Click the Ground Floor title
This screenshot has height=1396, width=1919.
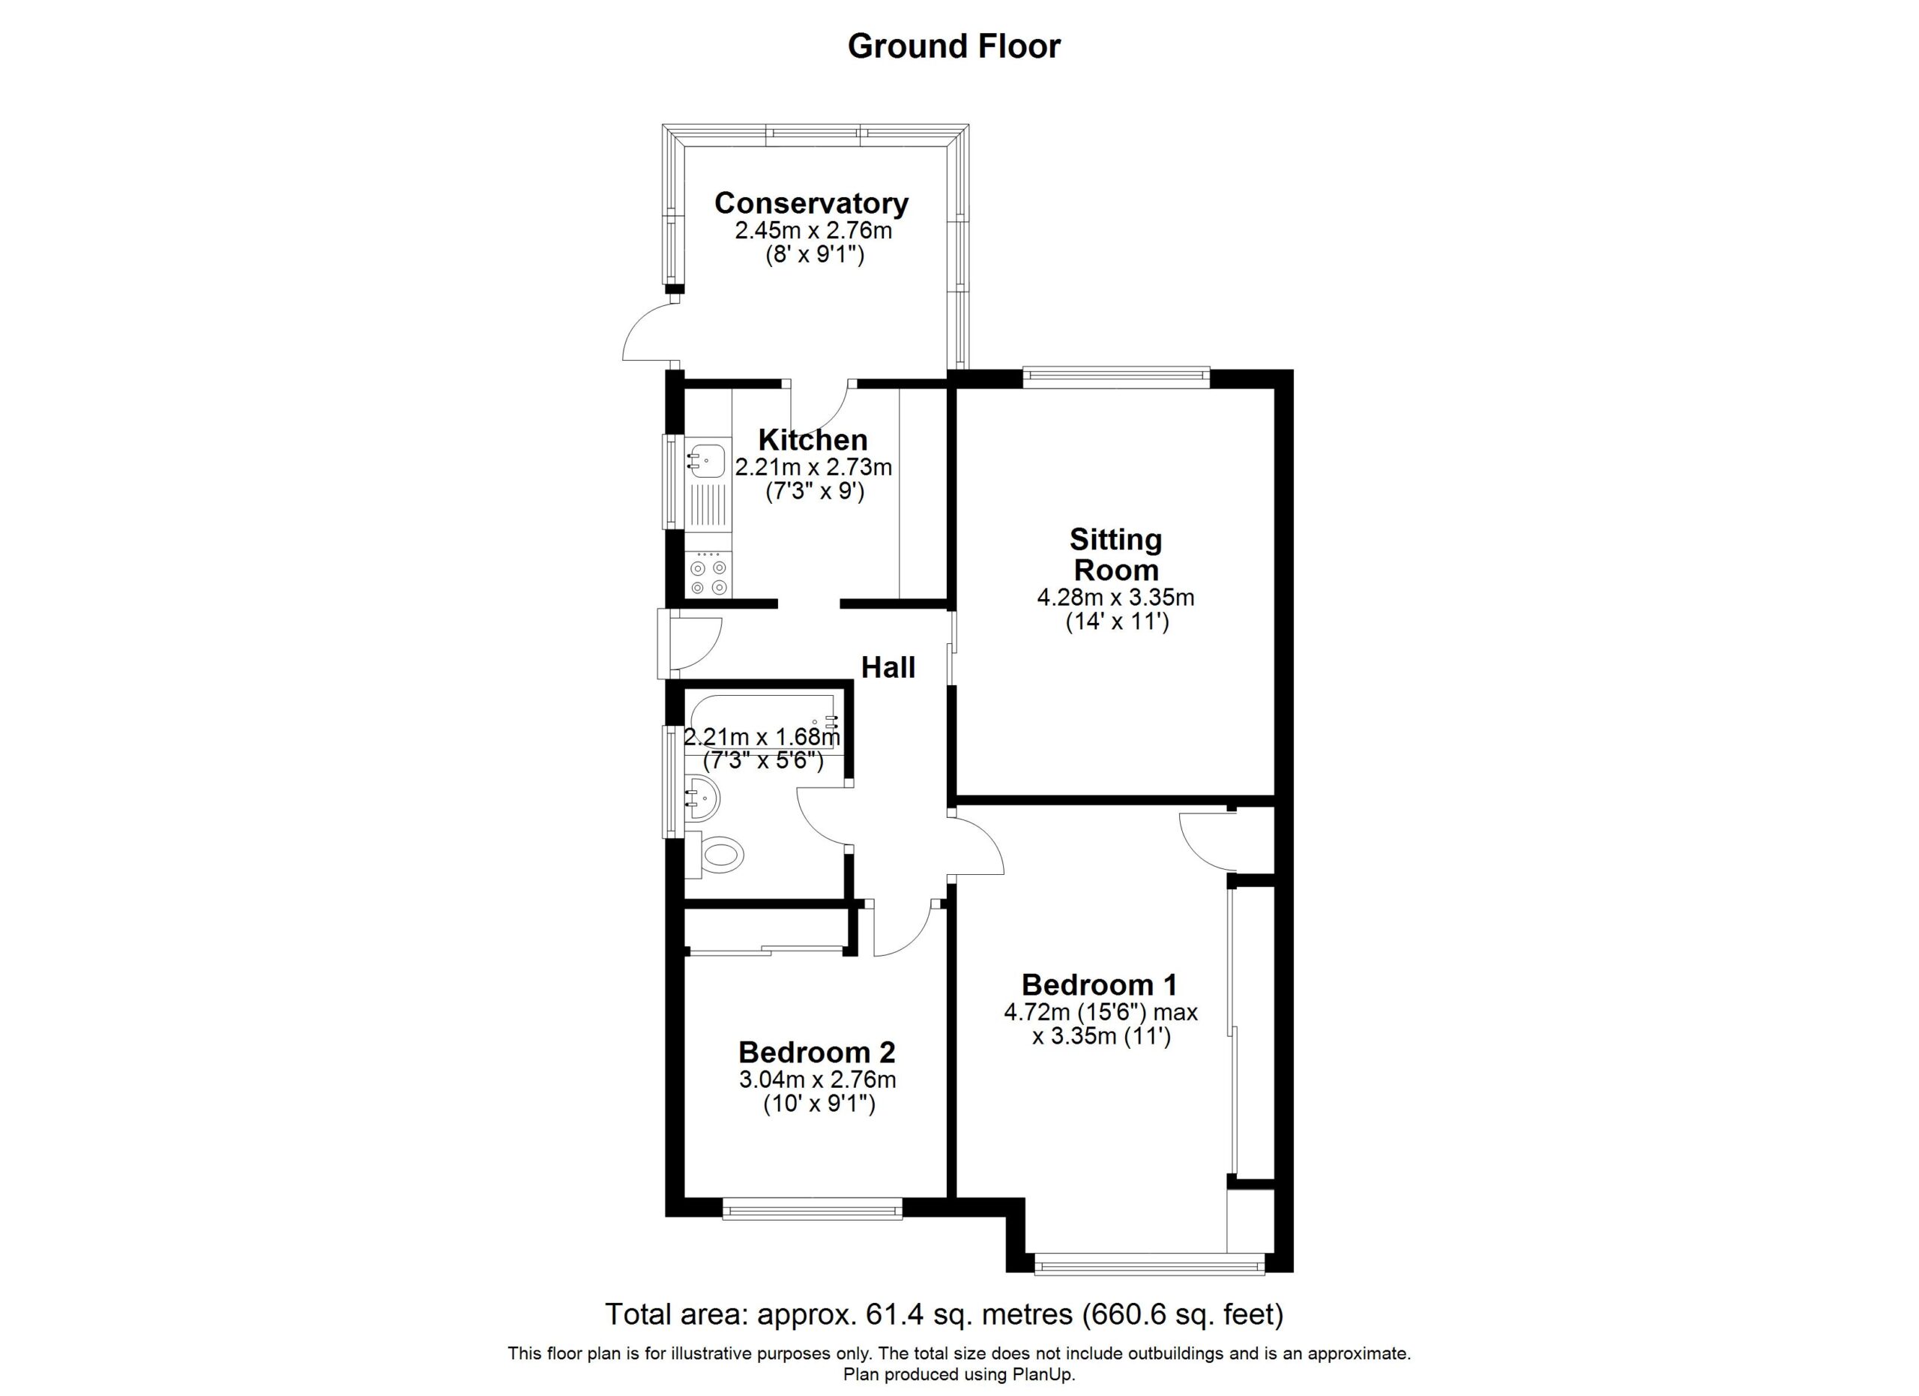coord(954,46)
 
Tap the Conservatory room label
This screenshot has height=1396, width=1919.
coord(811,203)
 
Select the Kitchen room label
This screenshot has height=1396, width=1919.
coord(813,440)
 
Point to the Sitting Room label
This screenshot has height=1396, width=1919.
coord(1116,554)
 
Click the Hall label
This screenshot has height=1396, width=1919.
coord(888,667)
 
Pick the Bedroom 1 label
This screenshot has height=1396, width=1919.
coord(1099,985)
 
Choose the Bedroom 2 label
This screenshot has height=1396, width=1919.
coord(816,1053)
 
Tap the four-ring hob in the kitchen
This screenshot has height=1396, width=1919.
coord(709,575)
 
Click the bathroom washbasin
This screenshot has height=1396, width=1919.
coord(702,798)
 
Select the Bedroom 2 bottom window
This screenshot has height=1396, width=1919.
coord(813,1208)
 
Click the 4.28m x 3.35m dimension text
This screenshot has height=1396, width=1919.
coord(1116,598)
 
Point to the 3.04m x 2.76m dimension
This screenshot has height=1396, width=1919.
coord(817,1080)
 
